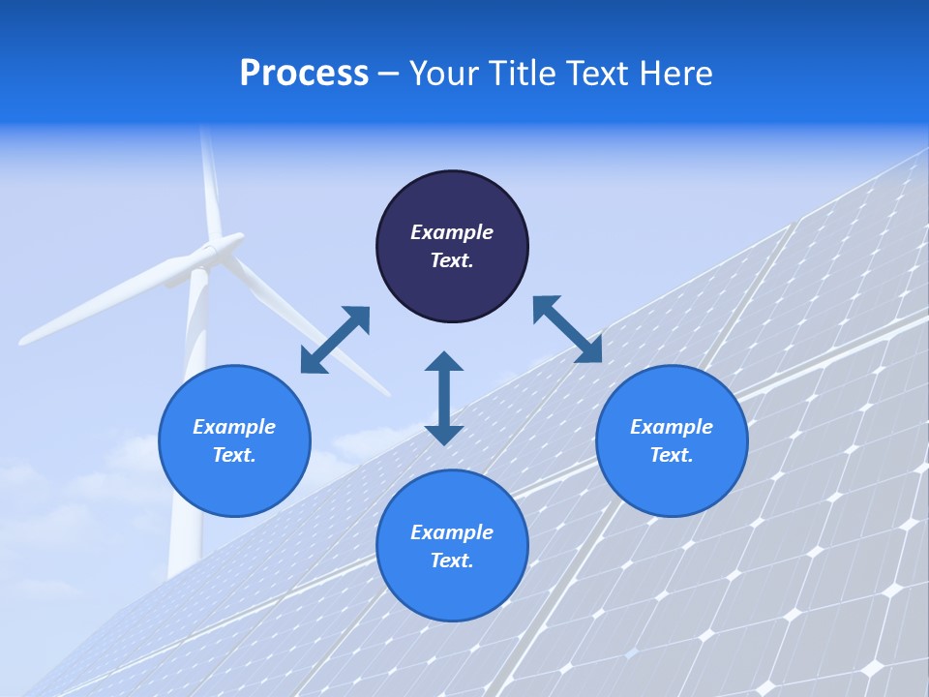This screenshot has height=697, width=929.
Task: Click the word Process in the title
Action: click(x=304, y=74)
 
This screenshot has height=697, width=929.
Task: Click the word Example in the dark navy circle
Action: click(x=452, y=232)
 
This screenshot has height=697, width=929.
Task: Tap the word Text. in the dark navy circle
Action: click(x=452, y=260)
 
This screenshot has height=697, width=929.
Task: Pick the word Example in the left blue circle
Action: click(x=234, y=427)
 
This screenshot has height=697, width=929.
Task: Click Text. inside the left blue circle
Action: click(x=234, y=455)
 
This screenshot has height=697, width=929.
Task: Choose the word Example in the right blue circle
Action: click(x=672, y=427)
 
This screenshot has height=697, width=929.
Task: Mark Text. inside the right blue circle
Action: click(x=672, y=455)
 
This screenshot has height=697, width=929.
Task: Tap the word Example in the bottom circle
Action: click(x=452, y=532)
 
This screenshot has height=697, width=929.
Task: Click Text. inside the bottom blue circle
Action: click(x=452, y=561)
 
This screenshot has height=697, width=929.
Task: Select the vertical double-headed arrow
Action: click(x=444, y=398)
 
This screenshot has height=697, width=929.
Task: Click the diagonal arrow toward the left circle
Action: click(x=335, y=340)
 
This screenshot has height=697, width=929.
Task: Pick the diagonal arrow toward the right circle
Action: click(x=567, y=329)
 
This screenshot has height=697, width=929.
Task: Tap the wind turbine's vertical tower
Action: click(x=190, y=455)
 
